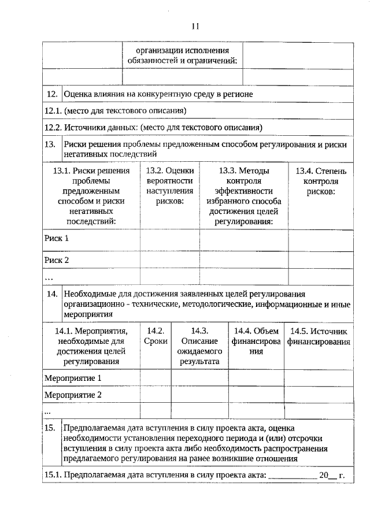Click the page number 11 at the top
click(194, 26)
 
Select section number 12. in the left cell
click(51, 94)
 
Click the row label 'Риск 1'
click(57, 238)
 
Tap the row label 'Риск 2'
click(57, 260)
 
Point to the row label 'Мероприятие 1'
click(73, 378)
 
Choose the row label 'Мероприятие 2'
click(73, 395)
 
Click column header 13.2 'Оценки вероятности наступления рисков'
click(170, 186)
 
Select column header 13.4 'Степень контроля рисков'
click(321, 180)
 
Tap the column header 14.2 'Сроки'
click(156, 336)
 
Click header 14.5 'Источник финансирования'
click(320, 336)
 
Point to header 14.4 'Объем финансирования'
click(256, 341)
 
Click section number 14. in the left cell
click(52, 294)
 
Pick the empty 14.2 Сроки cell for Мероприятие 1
click(156, 378)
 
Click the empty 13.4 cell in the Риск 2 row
click(321, 260)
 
